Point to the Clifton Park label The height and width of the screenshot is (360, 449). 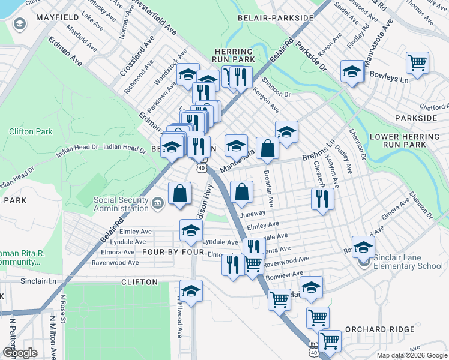coord(31,131)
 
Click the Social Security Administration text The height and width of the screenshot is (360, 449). coord(121,204)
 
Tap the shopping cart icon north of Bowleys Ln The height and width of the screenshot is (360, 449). coord(417,62)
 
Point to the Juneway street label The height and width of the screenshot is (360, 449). coord(252,212)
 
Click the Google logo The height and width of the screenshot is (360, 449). coord(20,352)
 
